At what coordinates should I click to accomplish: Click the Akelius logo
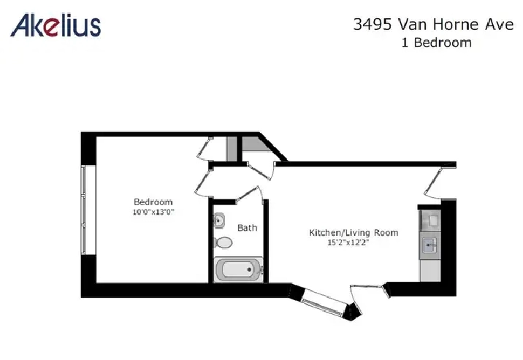(x=56, y=25)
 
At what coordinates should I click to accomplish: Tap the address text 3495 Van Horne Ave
(x=433, y=24)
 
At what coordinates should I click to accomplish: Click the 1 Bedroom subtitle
(x=437, y=42)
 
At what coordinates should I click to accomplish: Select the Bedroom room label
(x=153, y=202)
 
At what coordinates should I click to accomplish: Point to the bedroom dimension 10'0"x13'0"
(x=153, y=212)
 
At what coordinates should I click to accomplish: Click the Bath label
(x=247, y=228)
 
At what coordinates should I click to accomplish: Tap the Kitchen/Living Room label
(x=354, y=232)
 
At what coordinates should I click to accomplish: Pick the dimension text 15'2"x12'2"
(x=348, y=242)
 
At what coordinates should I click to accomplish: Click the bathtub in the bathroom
(x=238, y=269)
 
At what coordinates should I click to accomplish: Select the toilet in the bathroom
(x=223, y=242)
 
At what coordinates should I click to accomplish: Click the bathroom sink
(x=219, y=221)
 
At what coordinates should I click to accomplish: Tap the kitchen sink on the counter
(x=430, y=246)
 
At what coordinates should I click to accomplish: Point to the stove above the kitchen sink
(x=431, y=221)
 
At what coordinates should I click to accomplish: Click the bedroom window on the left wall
(x=83, y=210)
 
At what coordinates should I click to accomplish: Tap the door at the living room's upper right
(x=434, y=182)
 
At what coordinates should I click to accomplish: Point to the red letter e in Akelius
(x=50, y=28)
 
